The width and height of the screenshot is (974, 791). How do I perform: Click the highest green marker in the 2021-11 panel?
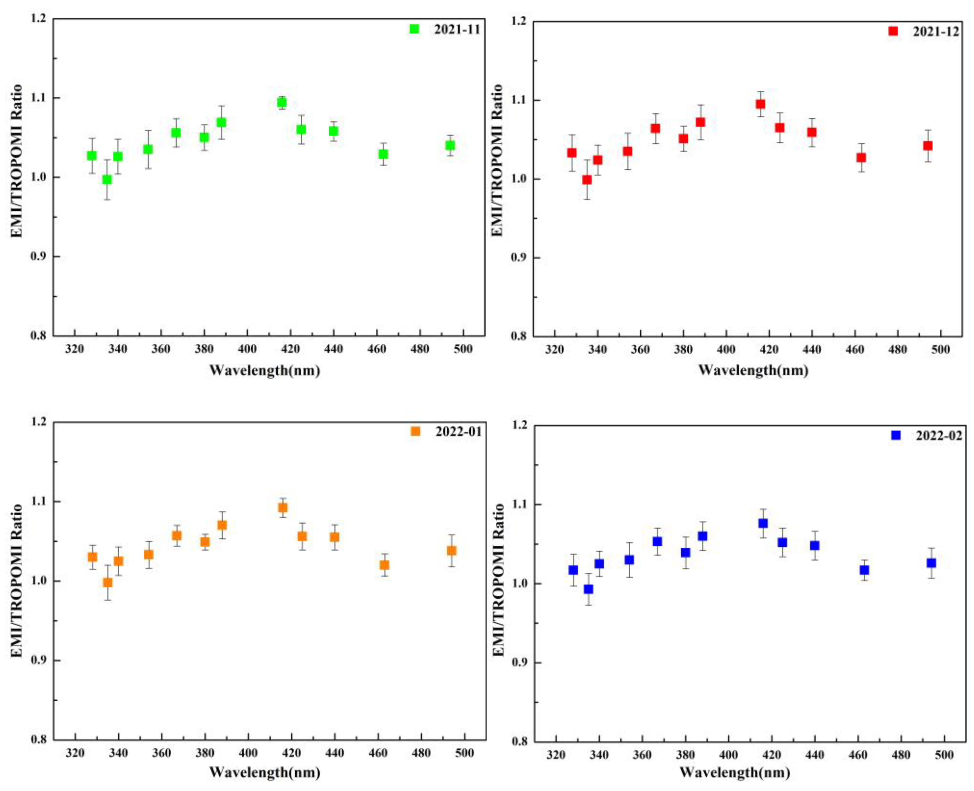[281, 103]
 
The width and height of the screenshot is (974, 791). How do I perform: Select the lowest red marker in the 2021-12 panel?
[587, 180]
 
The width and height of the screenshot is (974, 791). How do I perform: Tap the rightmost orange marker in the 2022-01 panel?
[451, 551]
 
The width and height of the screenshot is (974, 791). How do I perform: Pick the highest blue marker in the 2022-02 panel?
[763, 523]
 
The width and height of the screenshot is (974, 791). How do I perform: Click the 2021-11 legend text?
[457, 29]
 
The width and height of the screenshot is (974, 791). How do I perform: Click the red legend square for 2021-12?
[893, 31]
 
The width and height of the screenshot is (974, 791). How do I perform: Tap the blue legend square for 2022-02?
[896, 435]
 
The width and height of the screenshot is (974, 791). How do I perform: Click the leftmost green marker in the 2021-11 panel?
[92, 156]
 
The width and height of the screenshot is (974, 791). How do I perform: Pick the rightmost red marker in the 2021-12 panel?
[928, 146]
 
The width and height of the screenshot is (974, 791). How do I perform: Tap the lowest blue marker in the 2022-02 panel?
[588, 589]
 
